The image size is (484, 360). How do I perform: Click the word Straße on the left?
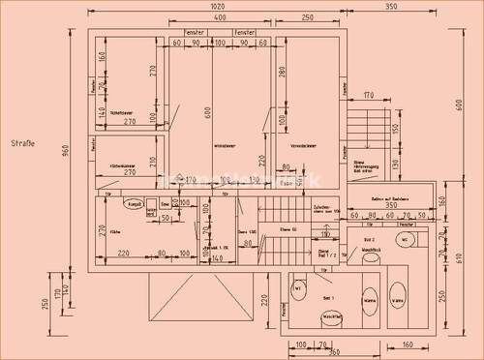(22, 144)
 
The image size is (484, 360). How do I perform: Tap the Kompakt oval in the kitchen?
(133, 204)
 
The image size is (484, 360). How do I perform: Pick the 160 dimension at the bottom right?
(407, 344)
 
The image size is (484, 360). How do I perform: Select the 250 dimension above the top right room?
(306, 18)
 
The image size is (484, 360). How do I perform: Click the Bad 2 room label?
(369, 237)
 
